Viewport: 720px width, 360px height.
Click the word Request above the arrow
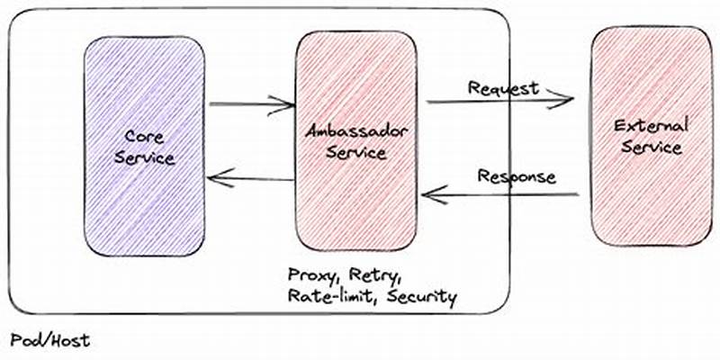(x=503, y=88)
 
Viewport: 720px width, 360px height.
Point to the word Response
(x=517, y=175)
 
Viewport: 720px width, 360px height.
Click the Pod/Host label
(x=50, y=341)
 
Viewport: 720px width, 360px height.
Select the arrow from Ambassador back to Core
(x=252, y=180)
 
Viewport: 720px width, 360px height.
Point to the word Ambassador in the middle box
(x=356, y=132)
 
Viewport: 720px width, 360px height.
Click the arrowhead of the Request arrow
(x=565, y=98)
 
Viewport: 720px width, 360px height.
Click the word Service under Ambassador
(x=356, y=153)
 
